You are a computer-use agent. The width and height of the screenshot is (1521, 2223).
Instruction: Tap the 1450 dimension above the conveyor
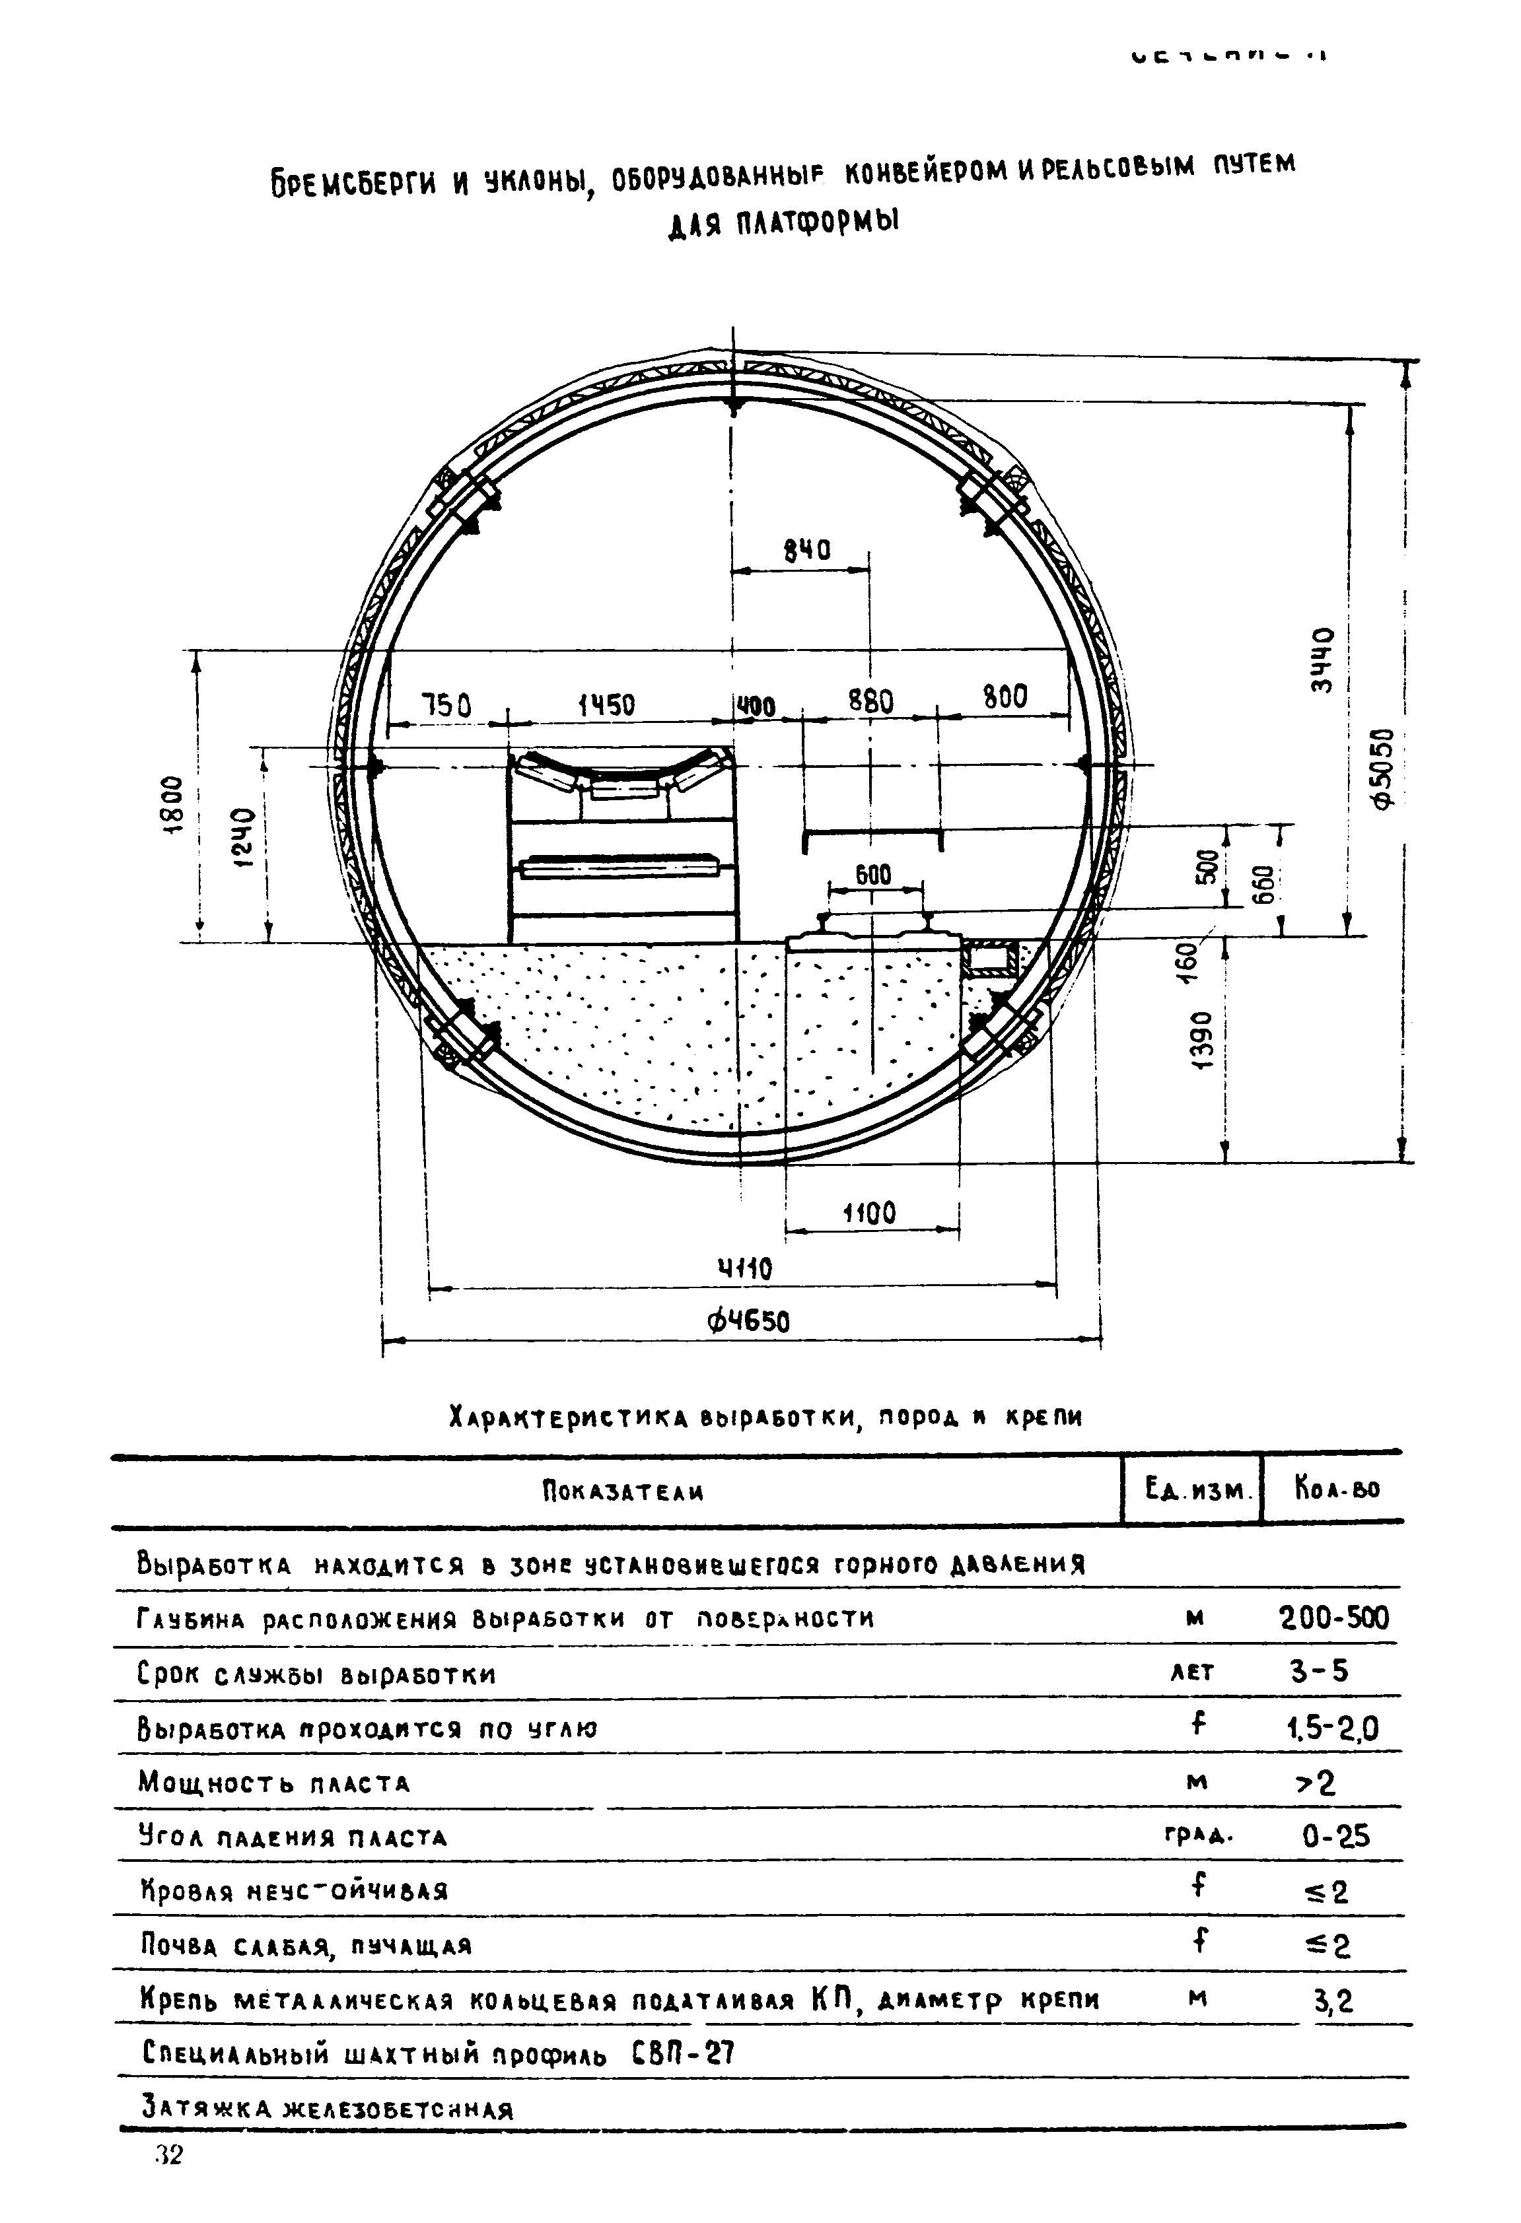point(606,706)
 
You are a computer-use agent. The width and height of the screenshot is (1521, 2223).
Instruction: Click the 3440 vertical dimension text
point(1322,660)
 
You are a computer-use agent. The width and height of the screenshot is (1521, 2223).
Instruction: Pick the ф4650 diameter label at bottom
point(748,1322)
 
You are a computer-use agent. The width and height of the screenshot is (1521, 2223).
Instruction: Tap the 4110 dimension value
point(745,1270)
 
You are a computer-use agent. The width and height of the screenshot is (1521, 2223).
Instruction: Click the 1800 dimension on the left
point(170,794)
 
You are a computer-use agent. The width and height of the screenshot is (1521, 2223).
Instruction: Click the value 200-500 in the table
point(1333,1618)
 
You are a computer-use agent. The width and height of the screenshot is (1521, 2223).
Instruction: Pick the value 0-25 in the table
point(1335,1837)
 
